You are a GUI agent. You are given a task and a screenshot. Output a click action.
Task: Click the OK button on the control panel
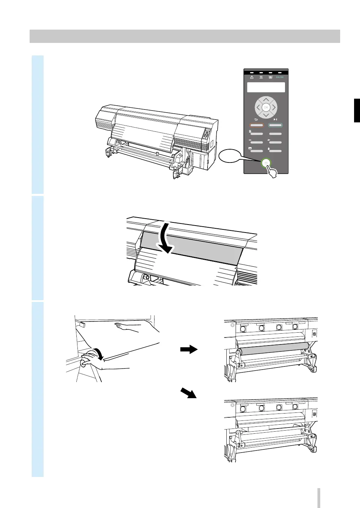tap(266, 107)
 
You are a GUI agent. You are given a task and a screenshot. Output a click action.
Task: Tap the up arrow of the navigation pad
tap(266, 100)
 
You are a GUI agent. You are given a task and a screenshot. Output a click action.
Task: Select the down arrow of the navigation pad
tap(266, 115)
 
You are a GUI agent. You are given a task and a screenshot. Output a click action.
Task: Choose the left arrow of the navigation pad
tap(258, 107)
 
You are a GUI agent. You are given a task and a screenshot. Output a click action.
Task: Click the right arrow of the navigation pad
tap(274, 107)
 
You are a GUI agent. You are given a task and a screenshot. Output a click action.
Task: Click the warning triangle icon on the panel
tap(252, 77)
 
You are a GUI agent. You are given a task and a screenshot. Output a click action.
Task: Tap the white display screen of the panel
tap(266, 87)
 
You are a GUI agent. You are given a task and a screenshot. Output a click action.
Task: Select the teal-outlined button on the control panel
tap(275, 125)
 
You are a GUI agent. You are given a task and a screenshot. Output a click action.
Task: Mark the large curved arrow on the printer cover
tap(166, 238)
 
